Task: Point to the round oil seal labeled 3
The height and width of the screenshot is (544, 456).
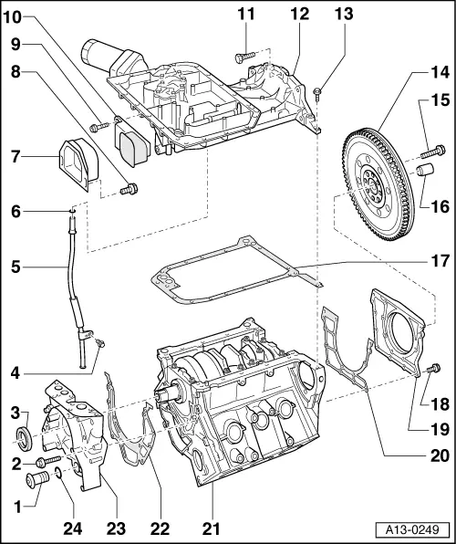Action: [x=27, y=436]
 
